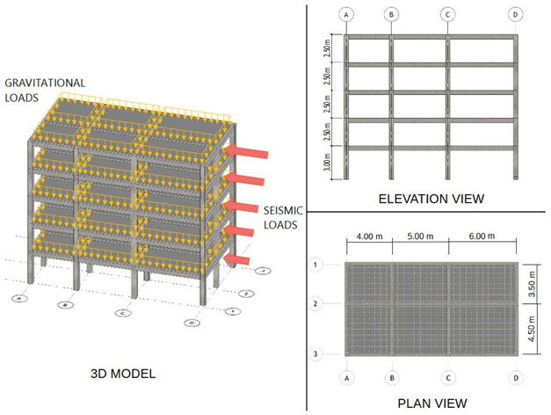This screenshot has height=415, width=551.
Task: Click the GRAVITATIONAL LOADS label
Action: point(45,90)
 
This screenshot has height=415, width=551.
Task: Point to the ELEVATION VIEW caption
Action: point(431,199)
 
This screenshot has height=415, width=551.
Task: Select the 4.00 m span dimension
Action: point(369,237)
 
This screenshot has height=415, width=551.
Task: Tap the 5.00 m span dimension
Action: point(419,237)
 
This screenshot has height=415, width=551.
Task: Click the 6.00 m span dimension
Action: point(482,237)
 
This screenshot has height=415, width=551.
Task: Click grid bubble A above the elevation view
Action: point(347,14)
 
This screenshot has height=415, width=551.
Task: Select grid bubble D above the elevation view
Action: point(516,14)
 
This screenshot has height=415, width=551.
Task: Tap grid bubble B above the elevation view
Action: point(391,14)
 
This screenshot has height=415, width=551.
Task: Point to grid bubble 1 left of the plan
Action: point(315,264)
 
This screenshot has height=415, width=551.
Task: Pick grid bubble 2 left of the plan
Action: point(315,303)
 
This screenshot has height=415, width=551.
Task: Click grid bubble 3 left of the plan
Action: point(315,353)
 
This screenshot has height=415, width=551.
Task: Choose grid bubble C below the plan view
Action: point(448,379)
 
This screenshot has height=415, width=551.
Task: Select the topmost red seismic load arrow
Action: point(245,153)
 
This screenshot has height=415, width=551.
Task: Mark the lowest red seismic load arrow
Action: point(236,260)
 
